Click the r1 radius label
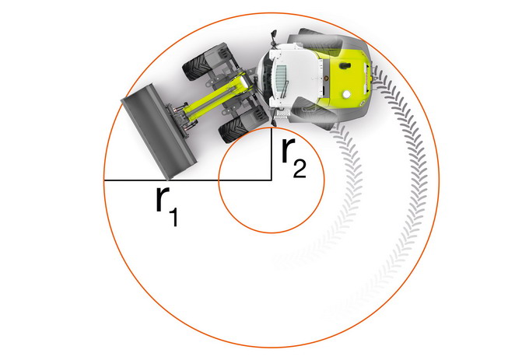coord(167,206)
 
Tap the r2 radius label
coord(293,158)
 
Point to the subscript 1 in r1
coord(173,217)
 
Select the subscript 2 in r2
coord(300,169)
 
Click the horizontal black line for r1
coord(187,180)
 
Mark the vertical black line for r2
coord(272,155)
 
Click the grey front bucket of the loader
coord(159,132)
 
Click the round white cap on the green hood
coord(345,95)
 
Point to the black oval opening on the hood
coord(344,65)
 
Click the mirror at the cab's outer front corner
coord(273,36)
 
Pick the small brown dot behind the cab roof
coord(326,79)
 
